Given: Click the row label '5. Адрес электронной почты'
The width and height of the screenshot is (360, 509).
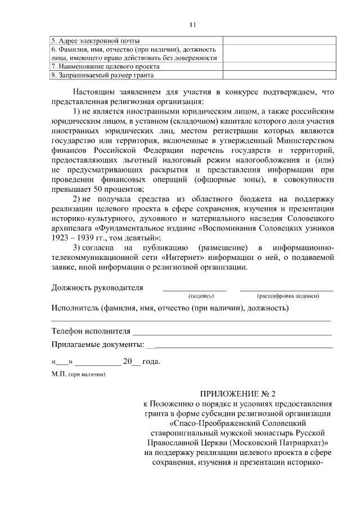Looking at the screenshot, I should coord(96,40).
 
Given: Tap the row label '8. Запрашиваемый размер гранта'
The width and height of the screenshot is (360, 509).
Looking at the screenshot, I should coord(102,74).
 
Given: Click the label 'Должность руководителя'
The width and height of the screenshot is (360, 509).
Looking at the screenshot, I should coord(97,287).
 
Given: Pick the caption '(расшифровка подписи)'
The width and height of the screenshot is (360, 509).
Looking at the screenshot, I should coord(288,296).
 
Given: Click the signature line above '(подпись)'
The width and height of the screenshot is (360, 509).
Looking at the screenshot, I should coord(194,290).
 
